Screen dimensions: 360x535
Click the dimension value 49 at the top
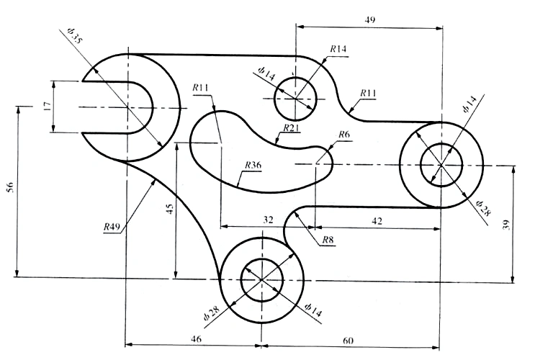click(x=369, y=19)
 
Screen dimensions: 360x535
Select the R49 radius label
click(x=111, y=227)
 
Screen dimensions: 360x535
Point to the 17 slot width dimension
click(x=46, y=107)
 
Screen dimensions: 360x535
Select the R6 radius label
click(x=343, y=135)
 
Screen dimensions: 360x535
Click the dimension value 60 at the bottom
click(x=349, y=338)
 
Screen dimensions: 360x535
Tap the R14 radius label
click(x=338, y=49)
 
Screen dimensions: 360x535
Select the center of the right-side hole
click(x=441, y=165)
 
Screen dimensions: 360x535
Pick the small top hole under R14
click(x=295, y=98)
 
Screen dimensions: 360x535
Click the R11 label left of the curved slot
click(x=201, y=88)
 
